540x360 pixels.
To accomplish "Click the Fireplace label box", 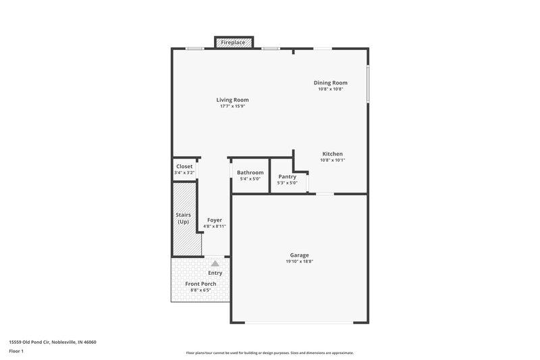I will coord(234,43).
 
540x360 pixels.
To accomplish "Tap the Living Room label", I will coord(232,100).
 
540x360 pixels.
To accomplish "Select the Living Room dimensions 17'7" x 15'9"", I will coord(232,106).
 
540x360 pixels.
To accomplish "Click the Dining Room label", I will coord(330,83).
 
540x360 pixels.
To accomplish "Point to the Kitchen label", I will coord(332,153).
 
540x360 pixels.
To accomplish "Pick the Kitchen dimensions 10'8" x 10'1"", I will coord(332,160).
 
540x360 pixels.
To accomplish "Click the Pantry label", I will coord(288,176).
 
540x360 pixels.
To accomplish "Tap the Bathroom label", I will coord(250,172).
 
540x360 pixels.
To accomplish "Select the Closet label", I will coord(184,166).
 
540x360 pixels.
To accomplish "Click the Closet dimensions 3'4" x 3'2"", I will coord(184,173).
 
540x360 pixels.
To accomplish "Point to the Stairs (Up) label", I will coord(183,218).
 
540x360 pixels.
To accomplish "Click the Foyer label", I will coord(215,220).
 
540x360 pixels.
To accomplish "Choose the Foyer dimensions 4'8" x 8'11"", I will coord(215,227).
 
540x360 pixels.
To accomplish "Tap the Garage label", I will coord(300,255).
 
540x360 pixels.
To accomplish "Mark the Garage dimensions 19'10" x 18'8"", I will coord(300,262).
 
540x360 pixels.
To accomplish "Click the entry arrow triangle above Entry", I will coord(215,263).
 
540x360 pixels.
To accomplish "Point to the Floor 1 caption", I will coord(16,352).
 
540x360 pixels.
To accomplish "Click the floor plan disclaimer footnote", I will coord(270,353).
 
